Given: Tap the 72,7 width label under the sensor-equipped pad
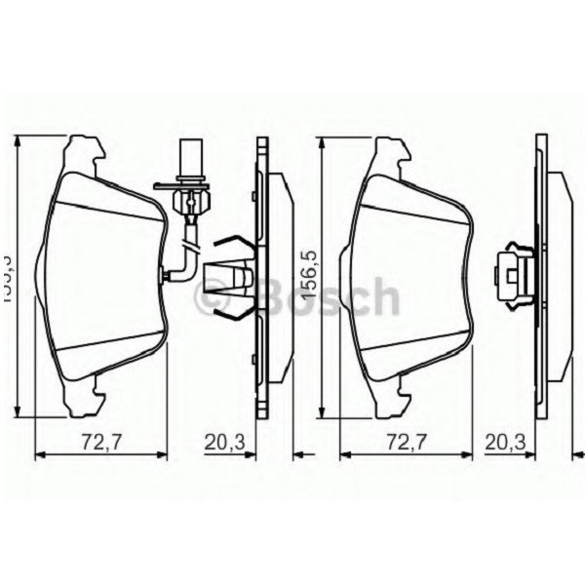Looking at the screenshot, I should (x=94, y=441).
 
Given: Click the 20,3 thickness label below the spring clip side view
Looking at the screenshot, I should (x=224, y=441).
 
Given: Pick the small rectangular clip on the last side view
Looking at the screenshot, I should (x=515, y=273).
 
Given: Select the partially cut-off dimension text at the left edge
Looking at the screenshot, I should (x=6, y=277).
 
